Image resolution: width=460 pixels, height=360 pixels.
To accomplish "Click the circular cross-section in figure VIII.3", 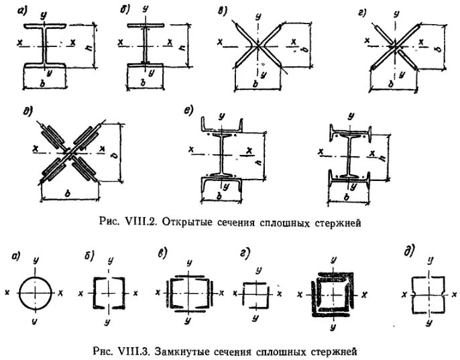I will (34, 293).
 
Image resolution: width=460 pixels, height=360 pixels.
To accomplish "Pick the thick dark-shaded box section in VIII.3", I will (332, 294).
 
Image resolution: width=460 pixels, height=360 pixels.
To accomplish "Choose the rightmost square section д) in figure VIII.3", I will (426, 293).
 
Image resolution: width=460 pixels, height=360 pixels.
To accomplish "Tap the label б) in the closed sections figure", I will (87, 256).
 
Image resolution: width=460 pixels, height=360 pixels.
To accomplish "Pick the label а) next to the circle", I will (15, 255).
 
